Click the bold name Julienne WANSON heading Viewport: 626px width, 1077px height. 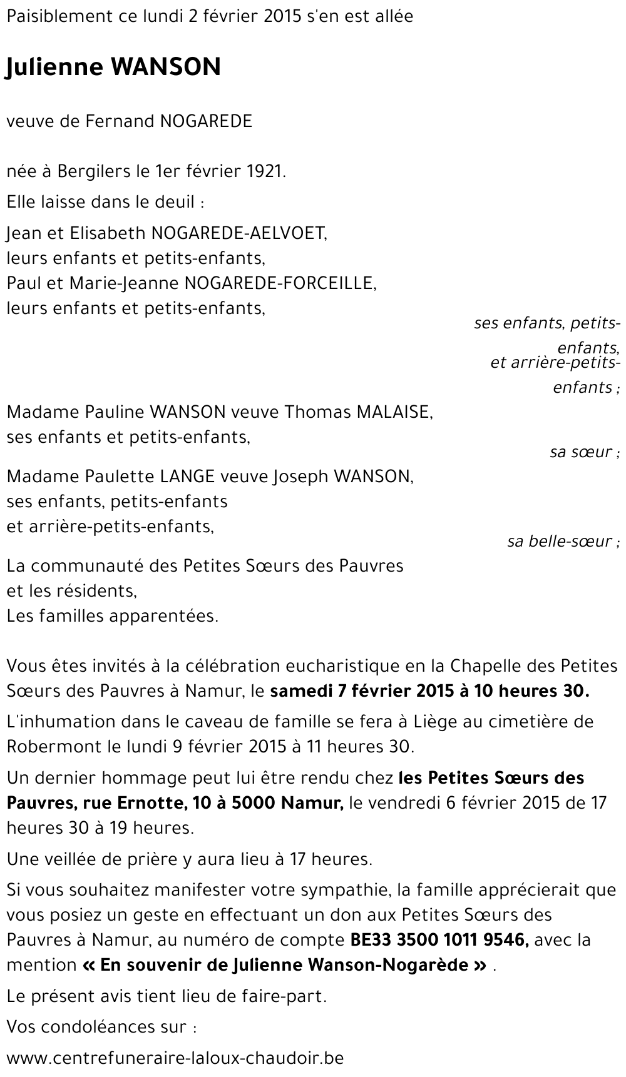click(113, 67)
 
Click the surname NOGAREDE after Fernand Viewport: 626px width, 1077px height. click(206, 121)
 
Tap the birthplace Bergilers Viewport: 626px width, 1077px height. click(91, 171)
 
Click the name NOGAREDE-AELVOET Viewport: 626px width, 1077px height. click(239, 233)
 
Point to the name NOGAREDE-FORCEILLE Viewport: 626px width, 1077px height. click(279, 283)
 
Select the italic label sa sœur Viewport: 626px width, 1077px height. click(585, 452)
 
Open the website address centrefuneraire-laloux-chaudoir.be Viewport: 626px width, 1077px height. click(175, 1058)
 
